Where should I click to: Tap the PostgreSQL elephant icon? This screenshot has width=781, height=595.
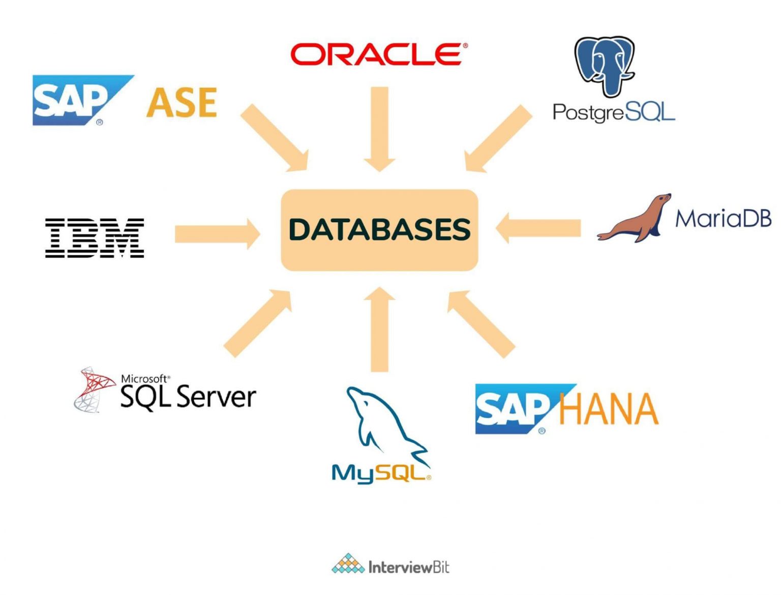[x=605, y=65]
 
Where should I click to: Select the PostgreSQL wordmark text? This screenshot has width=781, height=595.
[x=614, y=112]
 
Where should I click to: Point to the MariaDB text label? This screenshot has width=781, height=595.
[x=723, y=218]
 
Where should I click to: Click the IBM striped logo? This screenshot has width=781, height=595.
[x=95, y=237]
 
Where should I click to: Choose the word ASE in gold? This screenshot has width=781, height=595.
[x=182, y=102]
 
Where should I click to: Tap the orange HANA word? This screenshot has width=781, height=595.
[x=608, y=409]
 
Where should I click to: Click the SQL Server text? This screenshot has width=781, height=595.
[x=188, y=397]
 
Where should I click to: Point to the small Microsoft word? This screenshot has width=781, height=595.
[x=144, y=378]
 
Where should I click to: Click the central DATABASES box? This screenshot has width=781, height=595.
[x=379, y=230]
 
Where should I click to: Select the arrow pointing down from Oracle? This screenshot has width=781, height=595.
[x=379, y=129]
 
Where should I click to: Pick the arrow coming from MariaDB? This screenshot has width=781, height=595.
[x=538, y=228]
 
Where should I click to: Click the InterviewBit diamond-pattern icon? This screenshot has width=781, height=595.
[x=348, y=564]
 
